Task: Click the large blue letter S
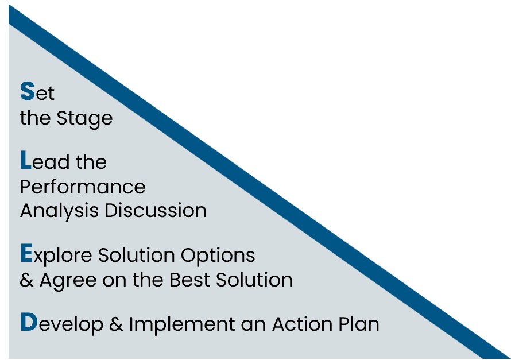coord(27,91)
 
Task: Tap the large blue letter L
coord(25,160)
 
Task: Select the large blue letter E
coord(26,253)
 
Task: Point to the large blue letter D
coord(29,322)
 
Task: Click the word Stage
coord(85,118)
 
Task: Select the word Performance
coord(83,187)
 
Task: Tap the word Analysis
coord(59,211)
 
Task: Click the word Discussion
coord(156,210)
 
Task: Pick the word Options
coord(218,256)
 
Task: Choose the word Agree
coord(68,281)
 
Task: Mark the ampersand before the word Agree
coord(26,280)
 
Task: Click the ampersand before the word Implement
coord(116,324)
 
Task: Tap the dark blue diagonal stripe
coord(260,182)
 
